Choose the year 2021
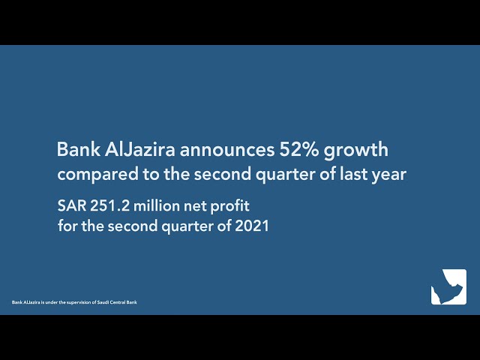point(252,225)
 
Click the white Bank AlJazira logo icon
point(448,286)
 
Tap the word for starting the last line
point(67,225)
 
